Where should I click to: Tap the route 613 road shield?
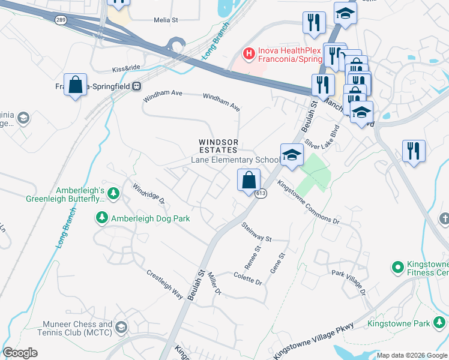point(260,194)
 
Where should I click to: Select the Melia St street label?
point(166,20)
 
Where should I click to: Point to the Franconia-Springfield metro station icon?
point(137,86)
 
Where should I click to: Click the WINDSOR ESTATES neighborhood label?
point(219,146)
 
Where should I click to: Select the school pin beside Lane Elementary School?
point(292,155)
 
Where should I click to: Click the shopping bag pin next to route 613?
point(249,180)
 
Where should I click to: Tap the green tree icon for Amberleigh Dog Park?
point(102,218)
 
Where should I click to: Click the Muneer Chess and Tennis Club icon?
point(122,327)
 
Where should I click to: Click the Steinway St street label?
point(256,232)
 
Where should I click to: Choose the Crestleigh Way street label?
point(164,284)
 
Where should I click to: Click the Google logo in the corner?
point(20,353)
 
